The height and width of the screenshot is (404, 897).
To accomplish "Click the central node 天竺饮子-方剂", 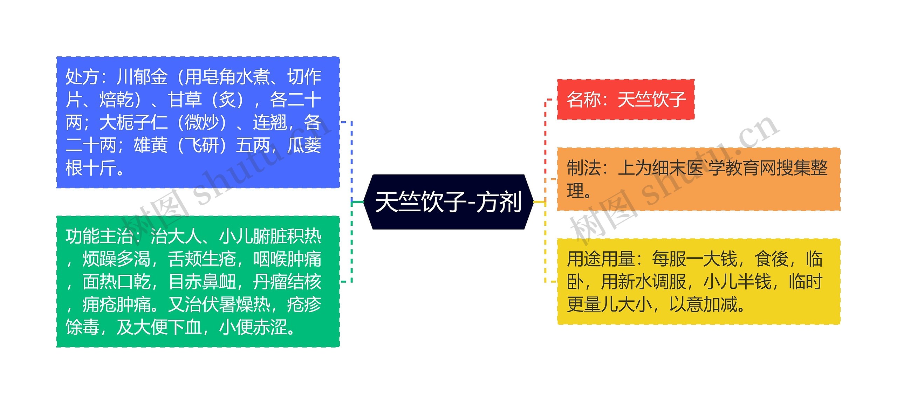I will pos(448,202).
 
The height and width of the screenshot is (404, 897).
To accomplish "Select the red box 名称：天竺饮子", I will pos(626,100).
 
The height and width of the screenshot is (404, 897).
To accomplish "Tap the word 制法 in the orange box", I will pos(584,168).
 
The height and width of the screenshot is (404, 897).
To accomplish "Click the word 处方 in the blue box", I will pos(82,77).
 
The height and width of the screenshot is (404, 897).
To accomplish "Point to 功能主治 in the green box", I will pos(99,237).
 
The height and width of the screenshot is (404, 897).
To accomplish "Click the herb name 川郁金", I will pos(142,77).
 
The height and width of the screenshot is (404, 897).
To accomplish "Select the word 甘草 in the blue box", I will pos(185,100).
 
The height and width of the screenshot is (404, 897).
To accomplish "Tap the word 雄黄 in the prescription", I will pos(151,145).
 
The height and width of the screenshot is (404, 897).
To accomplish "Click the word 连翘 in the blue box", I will pos(270,123).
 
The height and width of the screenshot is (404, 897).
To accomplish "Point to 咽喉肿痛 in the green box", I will pos(287,259).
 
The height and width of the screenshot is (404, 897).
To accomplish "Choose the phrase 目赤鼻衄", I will pos(202,282).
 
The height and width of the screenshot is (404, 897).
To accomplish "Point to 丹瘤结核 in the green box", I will pos(287,282).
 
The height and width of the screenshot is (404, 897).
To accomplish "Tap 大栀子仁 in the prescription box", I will pos(133,123).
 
